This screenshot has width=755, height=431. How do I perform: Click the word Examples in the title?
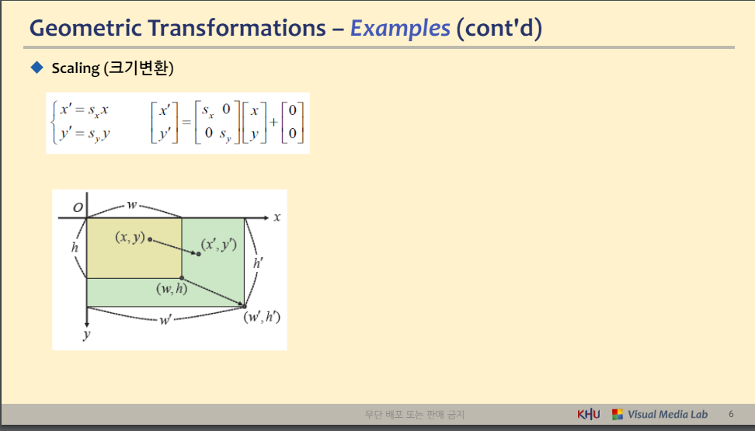400,29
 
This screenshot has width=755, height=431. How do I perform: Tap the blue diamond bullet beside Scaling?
37,68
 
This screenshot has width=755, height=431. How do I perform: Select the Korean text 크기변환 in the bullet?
139,68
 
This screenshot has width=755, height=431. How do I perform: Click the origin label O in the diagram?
78,207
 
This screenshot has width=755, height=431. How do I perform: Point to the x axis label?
277,217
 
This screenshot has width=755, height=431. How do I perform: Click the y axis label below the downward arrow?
87,335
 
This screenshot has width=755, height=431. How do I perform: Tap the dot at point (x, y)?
150,239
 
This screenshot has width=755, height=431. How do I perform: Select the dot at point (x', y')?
198,254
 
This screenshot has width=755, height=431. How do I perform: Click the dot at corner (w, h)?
182,278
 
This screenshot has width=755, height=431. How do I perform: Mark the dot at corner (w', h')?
244,306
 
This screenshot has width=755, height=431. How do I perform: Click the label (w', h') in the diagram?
262,318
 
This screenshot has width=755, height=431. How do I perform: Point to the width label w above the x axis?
131,205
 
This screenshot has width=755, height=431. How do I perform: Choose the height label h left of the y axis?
75,247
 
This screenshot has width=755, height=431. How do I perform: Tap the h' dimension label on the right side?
258,263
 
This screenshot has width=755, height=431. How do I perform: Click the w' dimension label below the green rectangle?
165,320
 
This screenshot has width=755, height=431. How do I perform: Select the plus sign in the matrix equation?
273,123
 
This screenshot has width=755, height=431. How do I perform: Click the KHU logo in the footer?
589,414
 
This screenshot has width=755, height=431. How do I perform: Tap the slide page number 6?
731,414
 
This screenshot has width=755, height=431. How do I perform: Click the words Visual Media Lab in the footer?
667,414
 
